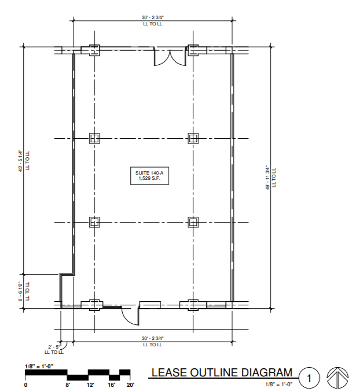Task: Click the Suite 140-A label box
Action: pos(149,176)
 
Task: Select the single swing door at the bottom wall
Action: pos(130,316)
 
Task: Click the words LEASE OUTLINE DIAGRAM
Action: pos(222,372)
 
